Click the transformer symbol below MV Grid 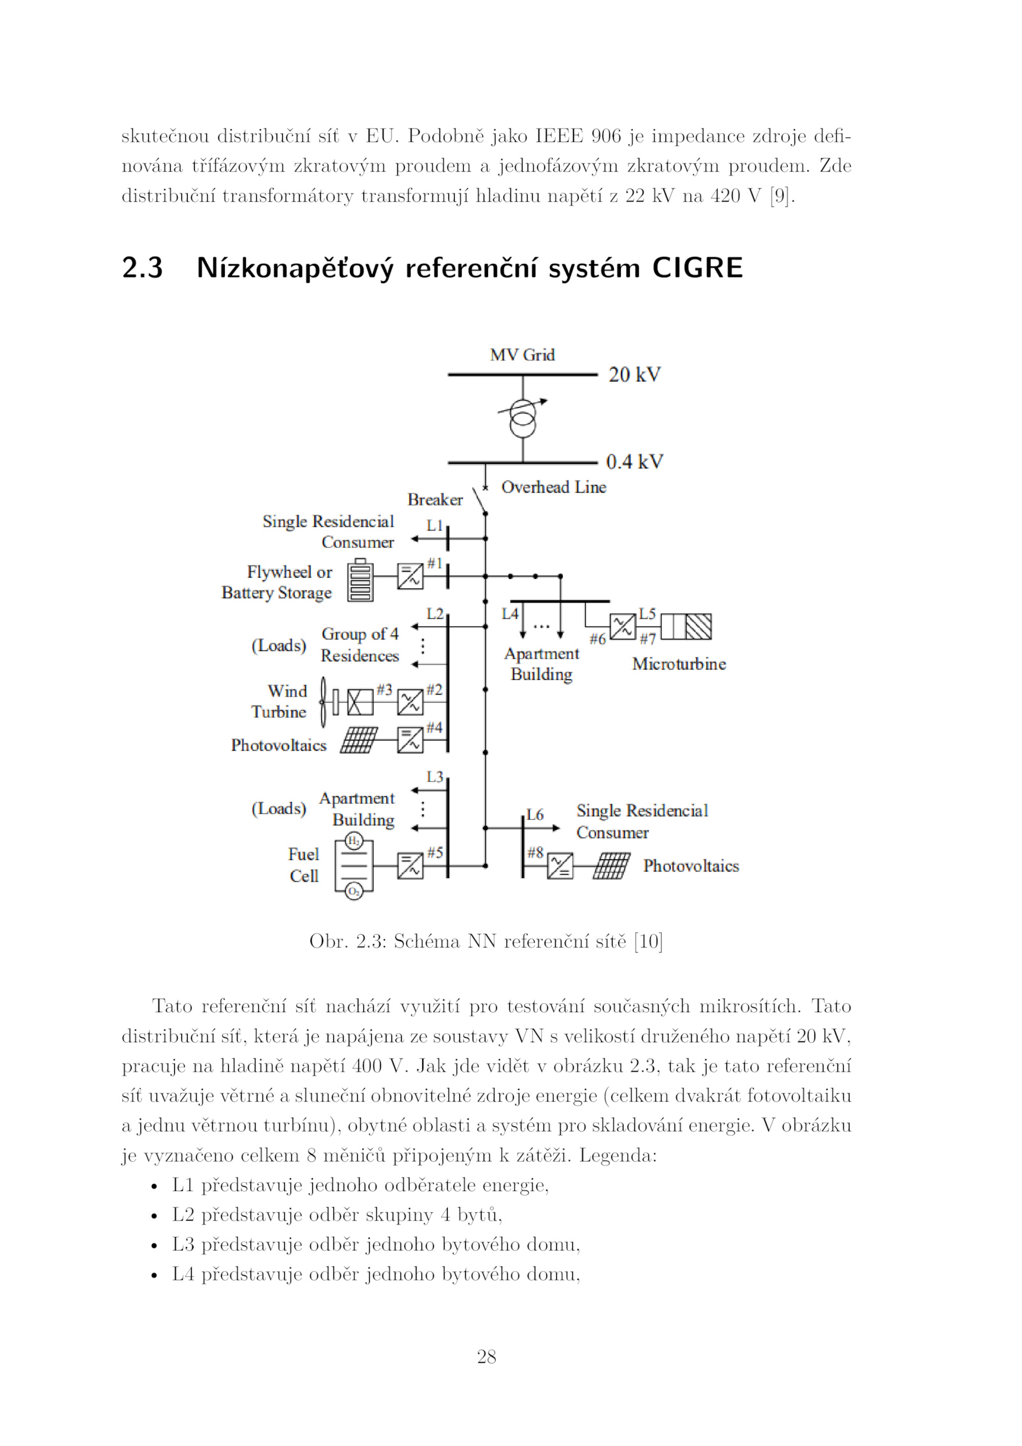point(522,417)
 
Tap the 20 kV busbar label point(634,374)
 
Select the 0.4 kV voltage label point(634,461)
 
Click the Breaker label point(435,500)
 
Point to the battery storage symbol point(360,580)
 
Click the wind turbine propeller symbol point(323,702)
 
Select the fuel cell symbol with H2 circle point(353,866)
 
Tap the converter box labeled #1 point(410,576)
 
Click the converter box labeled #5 point(410,866)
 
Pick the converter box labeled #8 point(560,866)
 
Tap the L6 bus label point(535,815)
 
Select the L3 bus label point(435,777)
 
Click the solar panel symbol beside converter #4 point(359,740)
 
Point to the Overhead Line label point(554,487)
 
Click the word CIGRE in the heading point(698,268)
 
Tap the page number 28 point(487,1357)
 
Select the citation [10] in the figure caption point(648,941)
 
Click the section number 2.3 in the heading point(142,268)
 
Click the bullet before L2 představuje point(154,1216)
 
